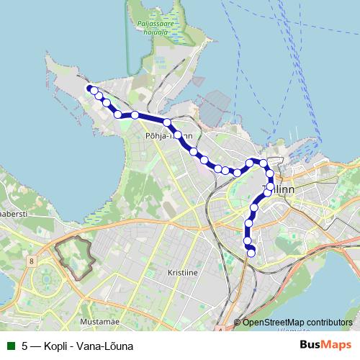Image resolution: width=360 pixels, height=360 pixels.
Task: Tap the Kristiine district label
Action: pyautogui.click(x=182, y=273)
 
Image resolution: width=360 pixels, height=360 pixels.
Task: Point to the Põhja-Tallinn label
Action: pyautogui.click(x=168, y=135)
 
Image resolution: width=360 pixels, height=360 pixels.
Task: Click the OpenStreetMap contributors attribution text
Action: pyautogui.click(x=297, y=322)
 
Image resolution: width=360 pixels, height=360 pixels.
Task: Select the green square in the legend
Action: pyautogui.click(x=11, y=346)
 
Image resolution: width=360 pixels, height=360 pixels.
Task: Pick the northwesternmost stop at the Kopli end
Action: pyautogui.click(x=91, y=89)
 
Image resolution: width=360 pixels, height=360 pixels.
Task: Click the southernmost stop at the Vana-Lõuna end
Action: pyautogui.click(x=251, y=252)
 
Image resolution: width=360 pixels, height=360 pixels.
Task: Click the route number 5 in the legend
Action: pyautogui.click(x=25, y=346)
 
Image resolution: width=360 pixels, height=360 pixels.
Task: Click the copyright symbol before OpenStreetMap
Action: pyautogui.click(x=238, y=322)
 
